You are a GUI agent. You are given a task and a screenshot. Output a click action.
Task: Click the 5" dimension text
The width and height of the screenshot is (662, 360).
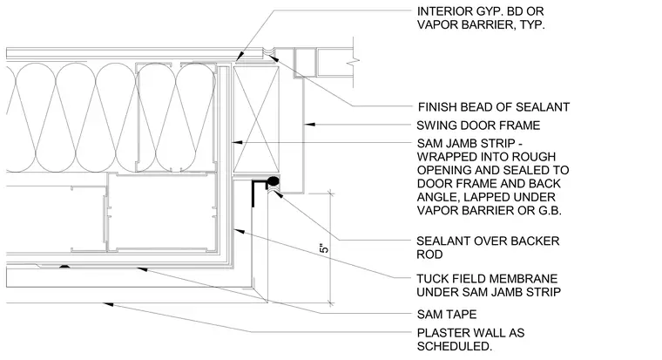click(x=324, y=248)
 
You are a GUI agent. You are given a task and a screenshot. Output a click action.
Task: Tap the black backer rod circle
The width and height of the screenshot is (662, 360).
click(x=274, y=181)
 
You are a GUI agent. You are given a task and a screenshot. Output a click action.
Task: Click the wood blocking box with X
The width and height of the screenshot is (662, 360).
click(x=256, y=119)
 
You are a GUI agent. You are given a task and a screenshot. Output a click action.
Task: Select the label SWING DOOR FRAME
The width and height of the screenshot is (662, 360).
click(x=478, y=126)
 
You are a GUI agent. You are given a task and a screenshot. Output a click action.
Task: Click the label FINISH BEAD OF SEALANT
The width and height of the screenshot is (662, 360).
click(x=494, y=107)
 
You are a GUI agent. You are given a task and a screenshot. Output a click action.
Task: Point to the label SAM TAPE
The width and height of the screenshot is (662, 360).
click(x=447, y=315)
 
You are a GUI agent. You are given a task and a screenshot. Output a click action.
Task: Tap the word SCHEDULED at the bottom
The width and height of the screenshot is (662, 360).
click(x=455, y=346)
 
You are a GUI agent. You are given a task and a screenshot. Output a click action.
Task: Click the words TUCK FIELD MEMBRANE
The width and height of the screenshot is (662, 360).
click(x=487, y=279)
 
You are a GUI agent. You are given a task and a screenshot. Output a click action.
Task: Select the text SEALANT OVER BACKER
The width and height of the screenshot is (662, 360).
click(x=488, y=241)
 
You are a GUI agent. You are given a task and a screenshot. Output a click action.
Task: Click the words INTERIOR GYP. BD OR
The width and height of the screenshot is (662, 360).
click(x=481, y=11)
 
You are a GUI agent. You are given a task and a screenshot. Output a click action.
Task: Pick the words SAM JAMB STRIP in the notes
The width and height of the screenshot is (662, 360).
click(x=466, y=143)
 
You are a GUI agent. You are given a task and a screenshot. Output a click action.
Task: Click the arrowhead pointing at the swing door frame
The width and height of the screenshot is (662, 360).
click(x=309, y=125)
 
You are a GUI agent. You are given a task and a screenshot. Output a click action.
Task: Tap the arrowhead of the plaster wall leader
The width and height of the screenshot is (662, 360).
click(x=109, y=304)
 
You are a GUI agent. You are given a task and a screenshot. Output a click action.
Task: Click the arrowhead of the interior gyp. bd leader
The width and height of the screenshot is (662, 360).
click(x=239, y=56)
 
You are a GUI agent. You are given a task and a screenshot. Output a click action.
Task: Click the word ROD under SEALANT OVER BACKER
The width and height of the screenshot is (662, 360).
click(x=429, y=255)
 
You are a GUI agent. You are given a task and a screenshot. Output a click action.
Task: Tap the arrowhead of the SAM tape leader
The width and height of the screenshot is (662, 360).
click(x=142, y=268)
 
